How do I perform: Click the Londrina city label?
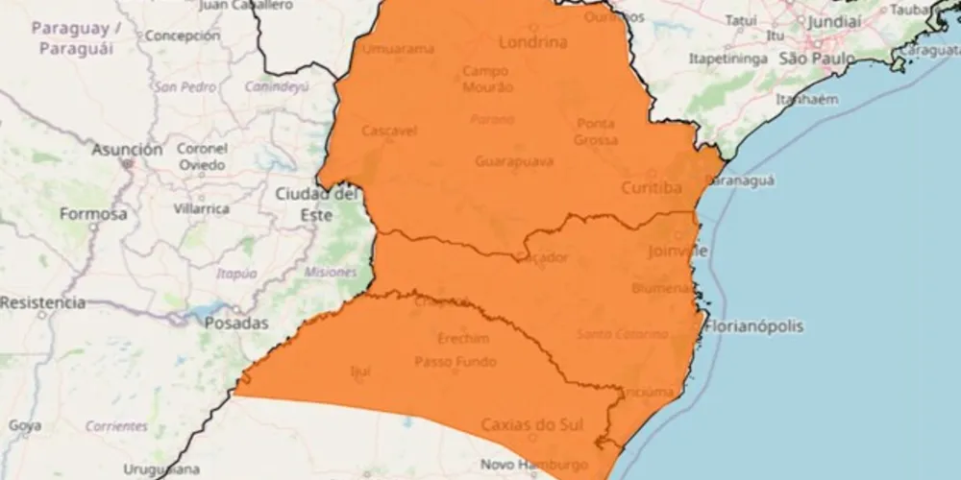coord(532,42)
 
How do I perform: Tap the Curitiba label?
coord(652,187)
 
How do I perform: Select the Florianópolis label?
coord(754,326)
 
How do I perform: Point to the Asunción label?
coord(127,150)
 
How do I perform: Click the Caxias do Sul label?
coord(524,424)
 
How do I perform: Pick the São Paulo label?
coord(816,59)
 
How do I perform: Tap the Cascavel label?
coord(389,131)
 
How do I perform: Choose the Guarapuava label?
coord(514,161)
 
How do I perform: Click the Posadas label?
coord(236,324)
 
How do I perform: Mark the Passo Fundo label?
coord(456,362)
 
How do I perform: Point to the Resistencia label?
coord(42,302)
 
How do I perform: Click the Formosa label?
coord(92,214)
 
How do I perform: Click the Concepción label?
coord(183,36)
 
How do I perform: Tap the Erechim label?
coord(463,339)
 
